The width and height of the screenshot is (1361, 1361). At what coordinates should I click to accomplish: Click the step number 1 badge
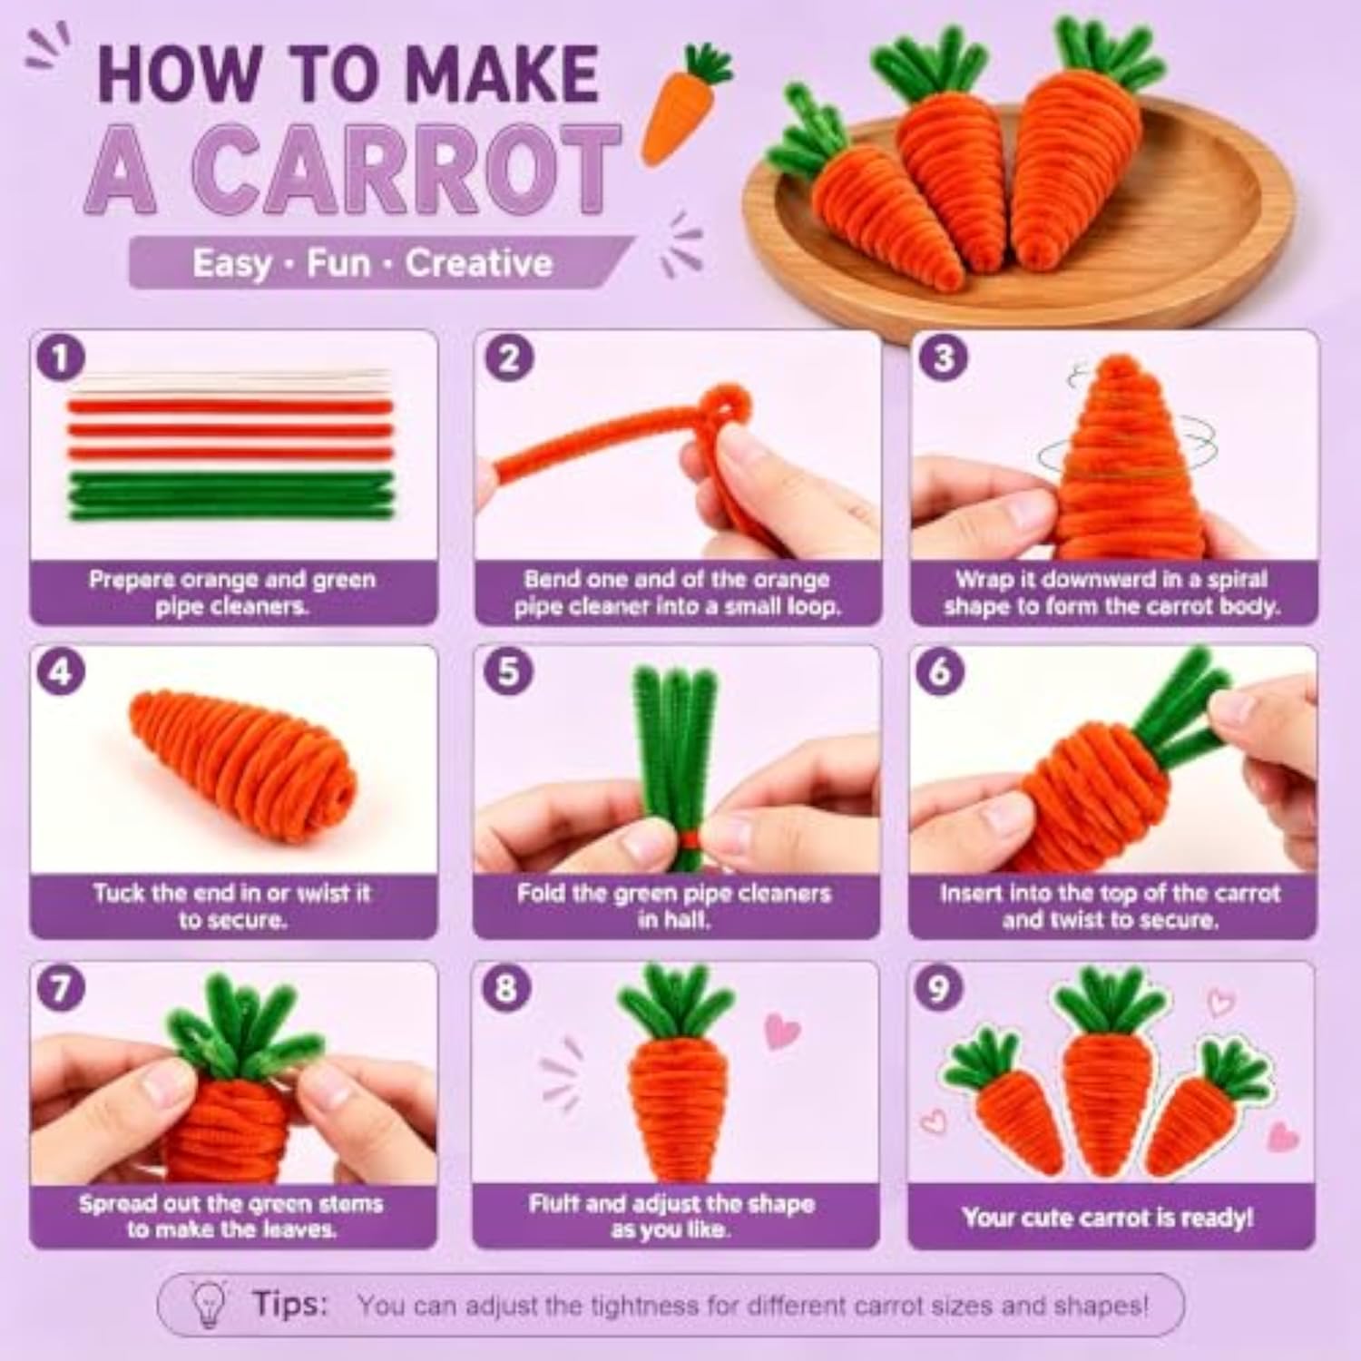pos(61,357)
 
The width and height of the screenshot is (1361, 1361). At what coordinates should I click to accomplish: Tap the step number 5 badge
pos(508,672)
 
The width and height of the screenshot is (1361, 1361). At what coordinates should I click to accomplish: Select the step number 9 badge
pos(940,988)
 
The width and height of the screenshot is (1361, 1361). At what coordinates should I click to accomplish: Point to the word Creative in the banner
pos(478,263)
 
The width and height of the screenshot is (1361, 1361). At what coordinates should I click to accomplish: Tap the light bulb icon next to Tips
pos(210,1306)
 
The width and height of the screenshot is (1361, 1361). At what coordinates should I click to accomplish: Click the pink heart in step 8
pos(782,1031)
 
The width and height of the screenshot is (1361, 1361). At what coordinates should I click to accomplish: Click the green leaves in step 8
pos(676,1002)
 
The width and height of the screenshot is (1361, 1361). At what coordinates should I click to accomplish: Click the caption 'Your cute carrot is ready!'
pos(1108,1217)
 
